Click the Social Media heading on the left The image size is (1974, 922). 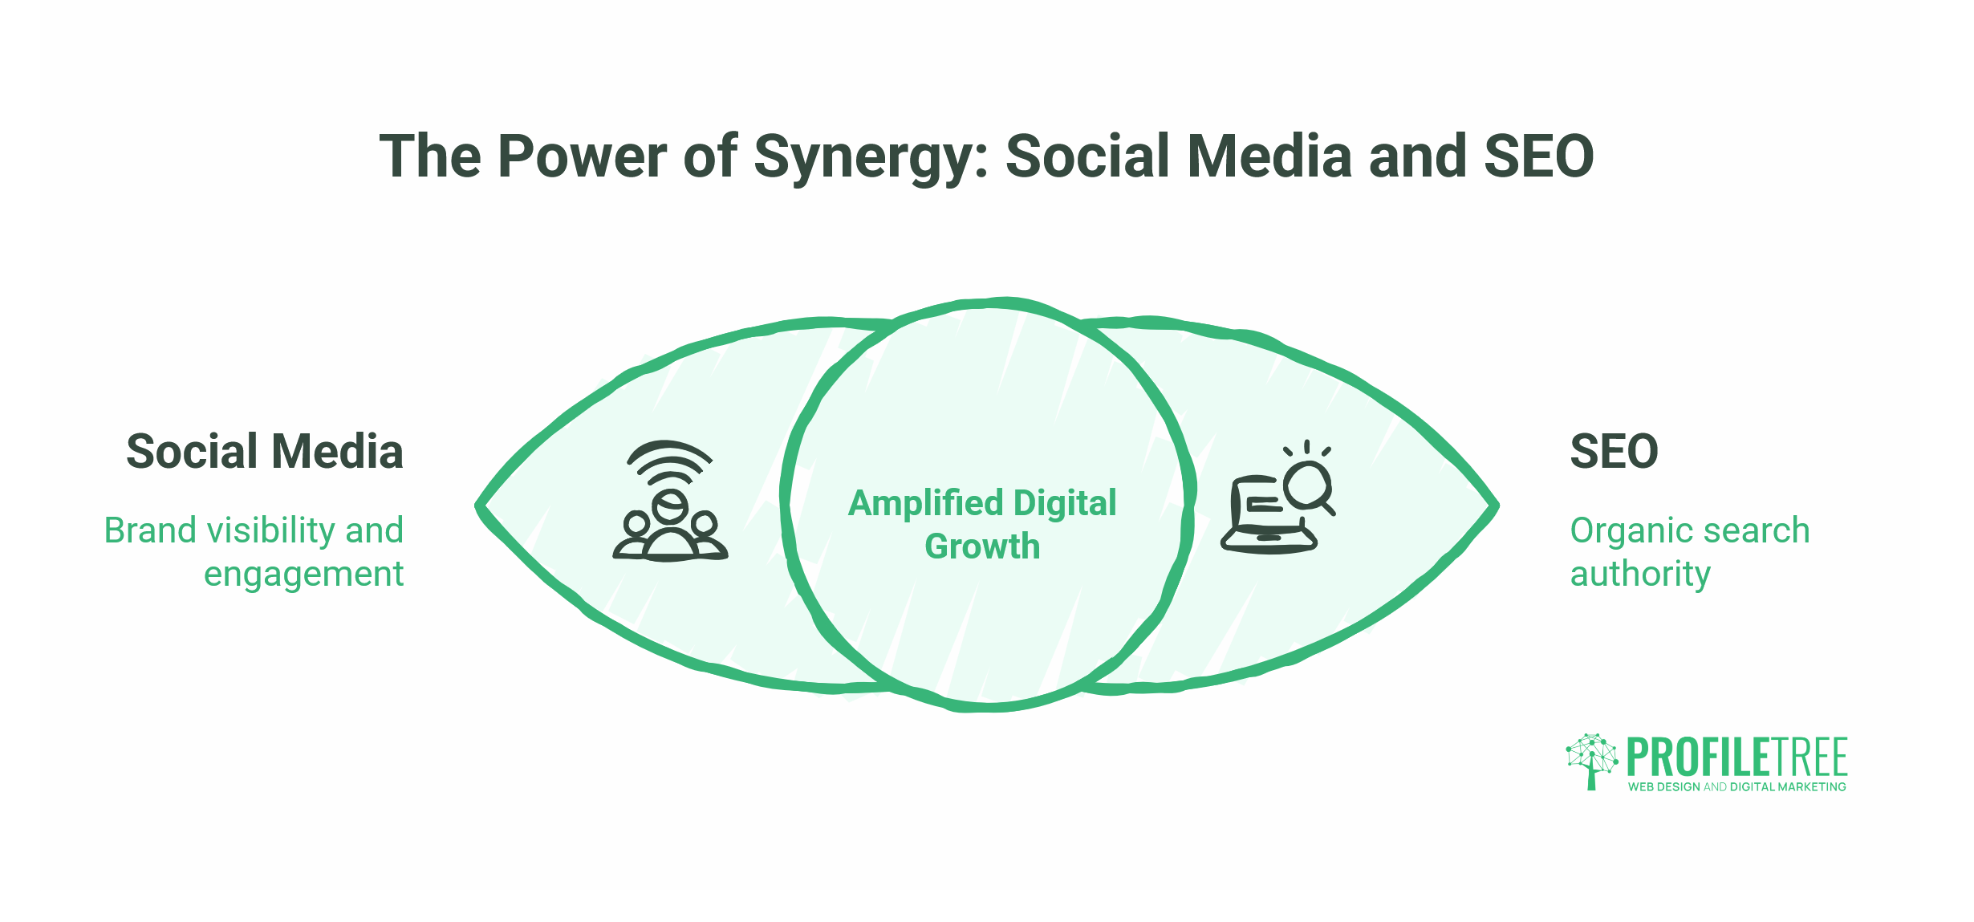265,451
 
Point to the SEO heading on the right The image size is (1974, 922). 1614,451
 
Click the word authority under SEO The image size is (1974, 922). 1640,575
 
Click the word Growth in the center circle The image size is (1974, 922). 982,546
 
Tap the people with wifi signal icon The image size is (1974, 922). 670,501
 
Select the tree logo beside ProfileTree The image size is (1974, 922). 1592,761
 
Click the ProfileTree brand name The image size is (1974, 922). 1737,757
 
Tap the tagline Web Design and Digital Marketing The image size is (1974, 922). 1737,787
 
